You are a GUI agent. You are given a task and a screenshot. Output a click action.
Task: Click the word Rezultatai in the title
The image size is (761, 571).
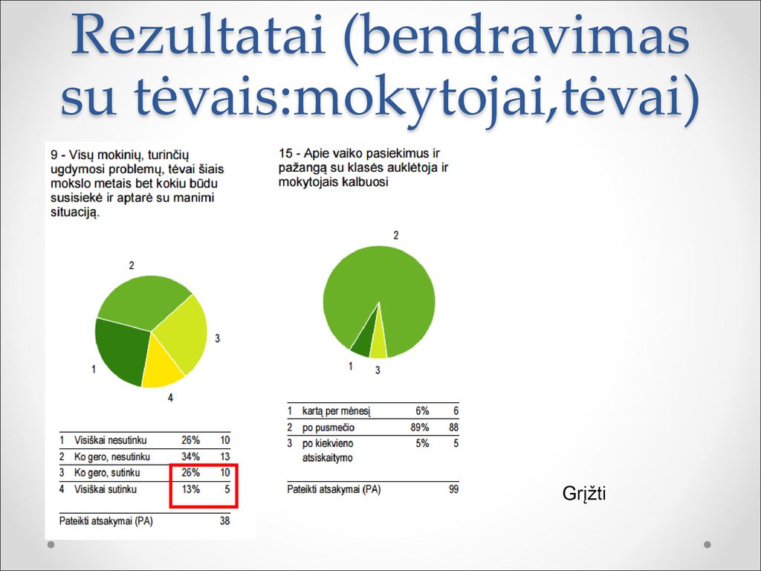[198, 36]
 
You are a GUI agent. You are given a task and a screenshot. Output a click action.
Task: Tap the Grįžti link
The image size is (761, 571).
[584, 494]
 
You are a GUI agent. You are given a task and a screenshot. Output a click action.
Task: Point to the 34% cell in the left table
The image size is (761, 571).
[191, 457]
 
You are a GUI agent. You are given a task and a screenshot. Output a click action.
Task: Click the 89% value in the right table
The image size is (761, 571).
[420, 428]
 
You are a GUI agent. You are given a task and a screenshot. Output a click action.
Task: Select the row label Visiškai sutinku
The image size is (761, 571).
[106, 489]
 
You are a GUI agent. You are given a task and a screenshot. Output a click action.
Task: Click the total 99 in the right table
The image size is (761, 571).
[453, 489]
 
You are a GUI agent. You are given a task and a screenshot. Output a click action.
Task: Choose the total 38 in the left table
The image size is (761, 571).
[224, 521]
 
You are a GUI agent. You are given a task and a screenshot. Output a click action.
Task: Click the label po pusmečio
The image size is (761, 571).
[328, 428]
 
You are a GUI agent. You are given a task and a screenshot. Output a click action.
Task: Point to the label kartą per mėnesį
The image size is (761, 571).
[337, 411]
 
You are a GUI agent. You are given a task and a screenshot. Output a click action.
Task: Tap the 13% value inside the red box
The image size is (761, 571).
[191, 489]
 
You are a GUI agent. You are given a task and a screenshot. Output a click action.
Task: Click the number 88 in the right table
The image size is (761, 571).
[453, 428]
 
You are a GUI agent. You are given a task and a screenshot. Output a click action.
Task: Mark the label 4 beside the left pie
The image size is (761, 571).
[170, 398]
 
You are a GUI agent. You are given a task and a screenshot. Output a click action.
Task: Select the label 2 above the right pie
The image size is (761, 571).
[396, 236]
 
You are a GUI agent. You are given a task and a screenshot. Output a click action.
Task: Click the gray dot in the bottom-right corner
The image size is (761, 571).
[707, 544]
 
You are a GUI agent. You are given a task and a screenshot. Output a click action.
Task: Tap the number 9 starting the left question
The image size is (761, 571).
[54, 155]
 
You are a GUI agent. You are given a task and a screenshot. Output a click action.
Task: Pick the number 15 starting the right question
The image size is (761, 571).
[286, 153]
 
